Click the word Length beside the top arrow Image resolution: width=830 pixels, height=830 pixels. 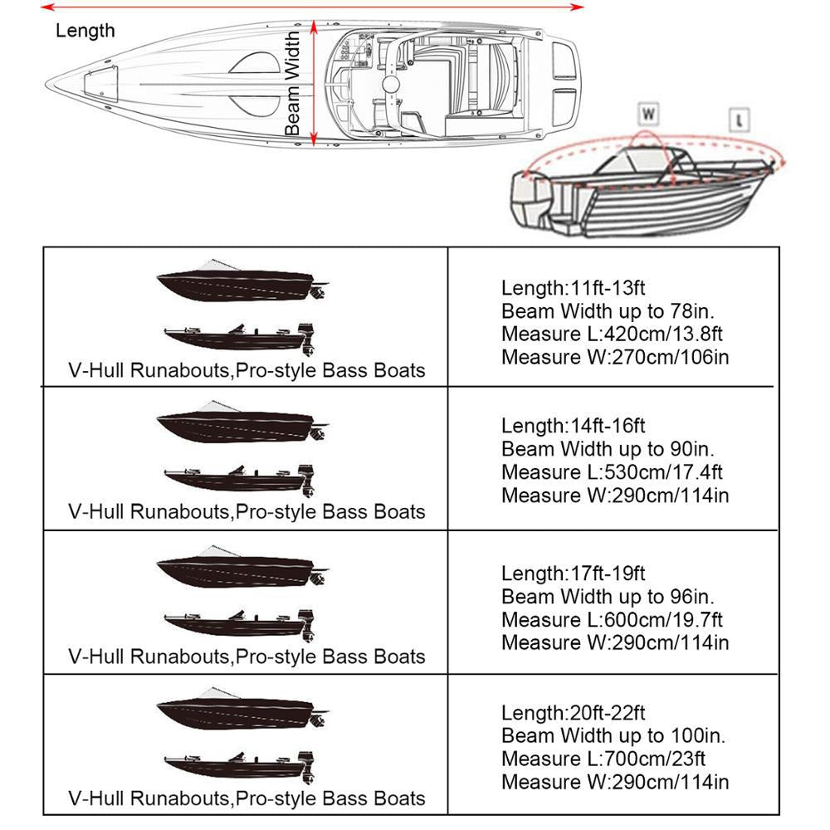tap(85, 32)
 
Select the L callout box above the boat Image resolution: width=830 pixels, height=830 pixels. tap(739, 119)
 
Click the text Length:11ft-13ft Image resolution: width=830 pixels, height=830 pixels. tap(573, 288)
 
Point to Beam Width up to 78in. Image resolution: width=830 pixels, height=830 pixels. tap(608, 311)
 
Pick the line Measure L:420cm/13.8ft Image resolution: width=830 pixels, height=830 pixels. tap(612, 334)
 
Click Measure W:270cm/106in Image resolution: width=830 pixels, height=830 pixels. tap(615, 358)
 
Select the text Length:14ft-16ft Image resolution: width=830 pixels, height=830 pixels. tap(573, 426)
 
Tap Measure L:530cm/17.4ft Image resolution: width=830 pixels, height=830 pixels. tap(612, 472)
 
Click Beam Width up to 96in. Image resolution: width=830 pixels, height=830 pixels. tap(608, 596)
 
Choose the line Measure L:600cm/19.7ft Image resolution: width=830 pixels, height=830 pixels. tap(612, 619)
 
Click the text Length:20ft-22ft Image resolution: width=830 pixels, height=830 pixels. tap(573, 713)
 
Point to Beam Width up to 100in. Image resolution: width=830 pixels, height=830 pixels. tap(613, 735)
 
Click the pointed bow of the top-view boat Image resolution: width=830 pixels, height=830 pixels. tap(51, 84)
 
